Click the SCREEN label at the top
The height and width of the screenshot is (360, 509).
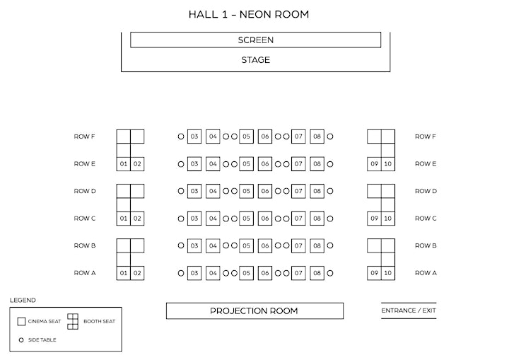255,40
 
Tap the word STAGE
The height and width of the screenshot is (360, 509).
255,60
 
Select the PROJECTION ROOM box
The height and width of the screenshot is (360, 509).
255,311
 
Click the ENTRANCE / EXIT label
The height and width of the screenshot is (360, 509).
409,310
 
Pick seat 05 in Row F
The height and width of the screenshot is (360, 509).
247,137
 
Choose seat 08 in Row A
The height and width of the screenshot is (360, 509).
317,273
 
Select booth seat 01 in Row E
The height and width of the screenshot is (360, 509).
123,164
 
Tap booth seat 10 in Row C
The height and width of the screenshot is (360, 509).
388,219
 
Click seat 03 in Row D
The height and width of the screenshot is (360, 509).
194,191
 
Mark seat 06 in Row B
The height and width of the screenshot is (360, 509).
265,245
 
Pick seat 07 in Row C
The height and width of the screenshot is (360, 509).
298,219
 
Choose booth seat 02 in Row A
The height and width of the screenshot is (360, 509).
137,273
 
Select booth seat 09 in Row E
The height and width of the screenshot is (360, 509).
374,164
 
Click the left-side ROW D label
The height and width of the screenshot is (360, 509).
85,191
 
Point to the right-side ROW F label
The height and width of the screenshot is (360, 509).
426,137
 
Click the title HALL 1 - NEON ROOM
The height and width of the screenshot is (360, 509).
249,14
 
